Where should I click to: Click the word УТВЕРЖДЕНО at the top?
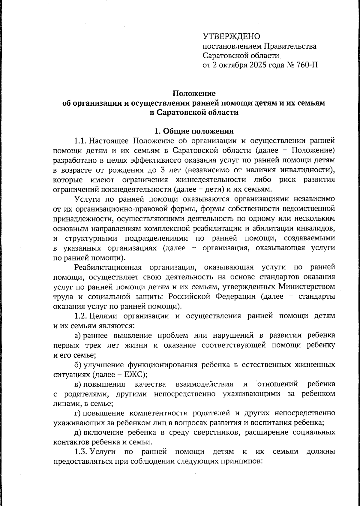tap(231, 36)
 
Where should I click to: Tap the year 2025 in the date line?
tap(258, 65)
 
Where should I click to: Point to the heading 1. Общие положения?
tap(193, 131)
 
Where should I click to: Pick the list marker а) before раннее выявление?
tap(78, 335)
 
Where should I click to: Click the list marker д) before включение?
tap(78, 432)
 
